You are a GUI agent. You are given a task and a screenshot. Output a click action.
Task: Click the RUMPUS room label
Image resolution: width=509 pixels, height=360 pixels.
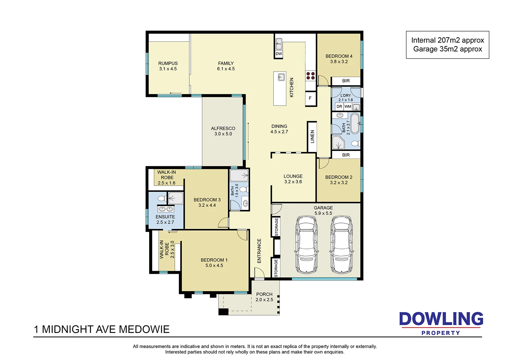(x=168, y=63)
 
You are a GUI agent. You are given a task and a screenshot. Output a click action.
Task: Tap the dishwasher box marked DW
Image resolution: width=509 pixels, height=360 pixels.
(x=279, y=54)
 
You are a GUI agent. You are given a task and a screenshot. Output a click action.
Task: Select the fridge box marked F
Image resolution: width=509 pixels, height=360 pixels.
(x=310, y=98)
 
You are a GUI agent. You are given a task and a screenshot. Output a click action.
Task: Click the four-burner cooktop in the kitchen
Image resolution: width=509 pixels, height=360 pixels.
(x=310, y=75)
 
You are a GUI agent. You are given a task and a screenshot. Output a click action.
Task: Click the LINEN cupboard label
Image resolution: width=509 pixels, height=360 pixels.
(x=313, y=136)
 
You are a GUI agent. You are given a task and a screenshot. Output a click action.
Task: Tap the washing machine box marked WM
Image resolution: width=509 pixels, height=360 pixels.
(x=348, y=107)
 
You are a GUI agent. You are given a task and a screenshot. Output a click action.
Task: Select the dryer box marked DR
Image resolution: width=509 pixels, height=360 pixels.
(x=339, y=107)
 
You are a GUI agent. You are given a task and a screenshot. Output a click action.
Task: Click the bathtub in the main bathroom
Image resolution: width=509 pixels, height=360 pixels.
(x=355, y=124)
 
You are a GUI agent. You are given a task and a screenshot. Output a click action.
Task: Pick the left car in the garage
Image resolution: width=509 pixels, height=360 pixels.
(x=306, y=244)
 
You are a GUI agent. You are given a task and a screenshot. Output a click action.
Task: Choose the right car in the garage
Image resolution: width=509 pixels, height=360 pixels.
(x=341, y=244)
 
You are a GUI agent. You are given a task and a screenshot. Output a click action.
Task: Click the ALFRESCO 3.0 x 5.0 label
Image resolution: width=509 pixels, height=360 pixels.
(x=223, y=131)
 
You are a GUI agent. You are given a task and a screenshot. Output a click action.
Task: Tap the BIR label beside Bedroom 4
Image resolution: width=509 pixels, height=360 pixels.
(x=346, y=81)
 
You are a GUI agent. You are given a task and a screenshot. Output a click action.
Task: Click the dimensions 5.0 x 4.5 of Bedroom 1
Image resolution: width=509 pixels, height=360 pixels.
(x=214, y=266)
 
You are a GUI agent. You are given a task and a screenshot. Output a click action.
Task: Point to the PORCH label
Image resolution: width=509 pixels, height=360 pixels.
(x=264, y=294)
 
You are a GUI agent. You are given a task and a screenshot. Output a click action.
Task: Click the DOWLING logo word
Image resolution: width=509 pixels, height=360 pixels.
(x=441, y=319)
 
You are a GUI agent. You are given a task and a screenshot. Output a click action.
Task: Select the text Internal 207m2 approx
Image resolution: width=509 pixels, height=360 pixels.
(x=448, y=40)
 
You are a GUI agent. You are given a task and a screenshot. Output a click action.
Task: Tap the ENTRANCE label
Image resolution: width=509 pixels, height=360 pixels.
(x=259, y=251)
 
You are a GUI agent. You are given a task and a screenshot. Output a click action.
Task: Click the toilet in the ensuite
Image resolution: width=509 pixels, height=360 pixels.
(x=162, y=198)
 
